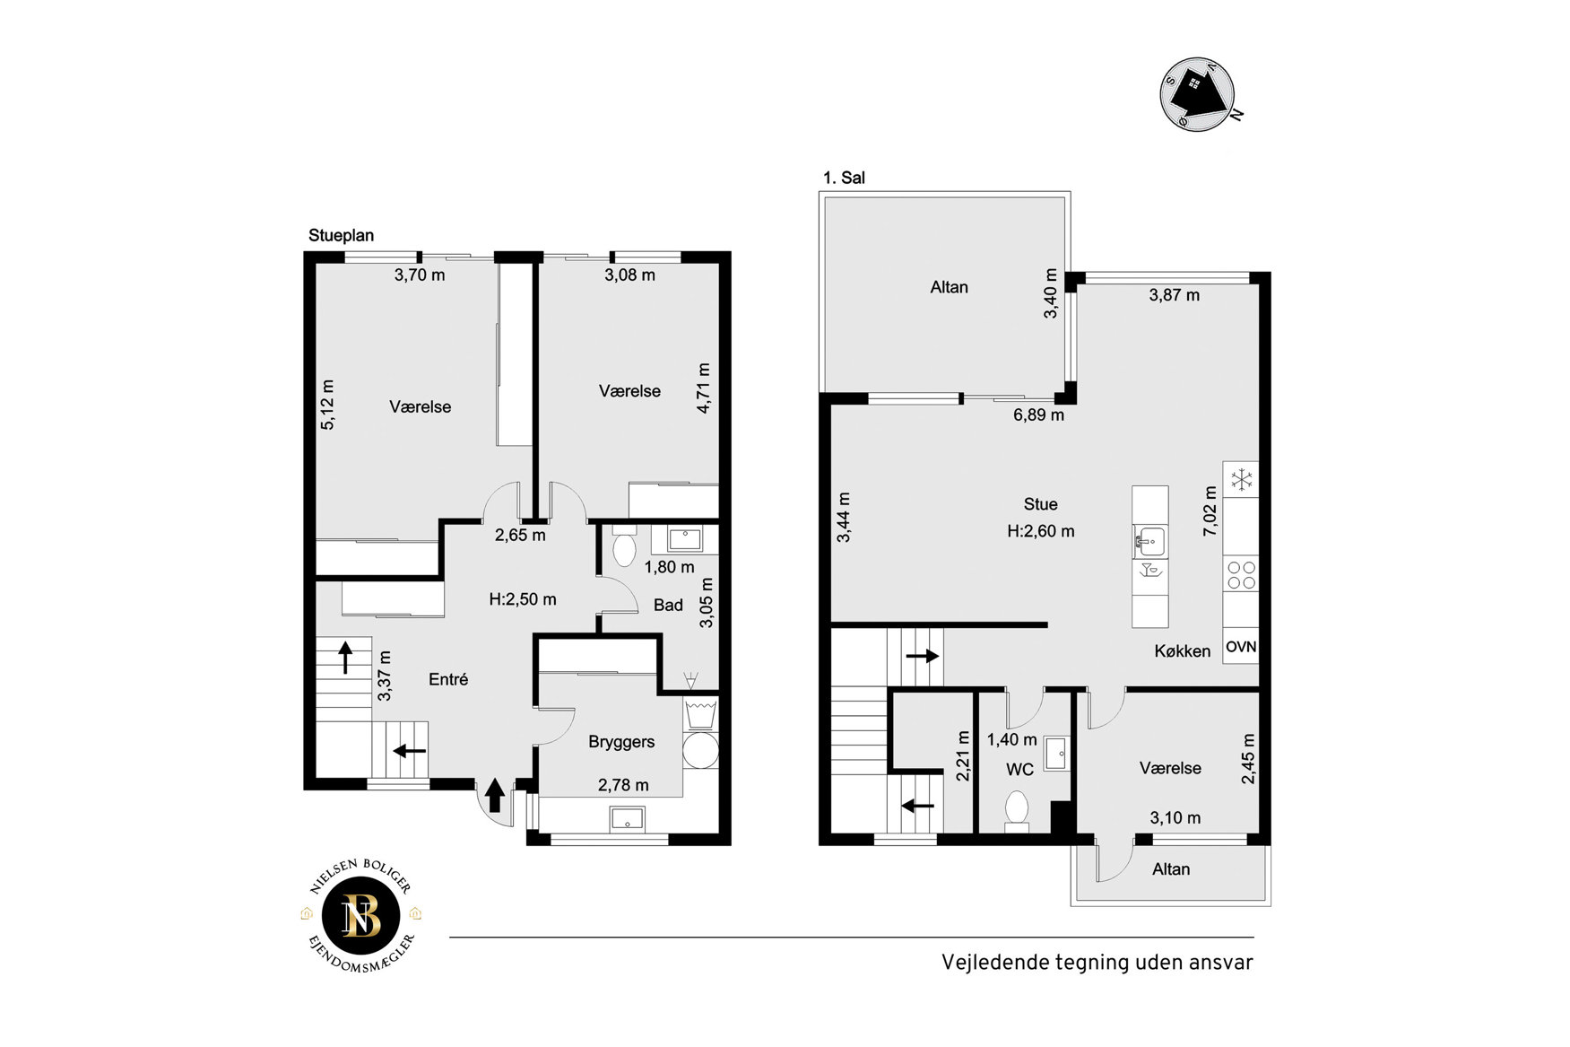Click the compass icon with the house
click(x=1199, y=94)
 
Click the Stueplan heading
click(x=341, y=236)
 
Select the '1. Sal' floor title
click(x=844, y=178)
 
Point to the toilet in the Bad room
click(x=624, y=545)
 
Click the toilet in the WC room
click(x=1017, y=808)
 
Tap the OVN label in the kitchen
click(x=1241, y=647)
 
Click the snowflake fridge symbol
click(x=1241, y=480)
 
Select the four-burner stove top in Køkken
click(x=1241, y=575)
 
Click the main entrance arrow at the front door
click(x=494, y=795)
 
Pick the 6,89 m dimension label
click(x=1038, y=415)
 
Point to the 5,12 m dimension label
click(x=328, y=405)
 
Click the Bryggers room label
click(x=621, y=742)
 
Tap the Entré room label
click(x=448, y=679)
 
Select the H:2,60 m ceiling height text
click(x=1040, y=531)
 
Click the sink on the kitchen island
click(x=1149, y=542)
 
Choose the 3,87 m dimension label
click(x=1174, y=295)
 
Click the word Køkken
click(x=1182, y=651)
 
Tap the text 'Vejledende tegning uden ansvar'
click(x=1097, y=963)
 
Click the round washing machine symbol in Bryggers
click(x=700, y=752)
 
